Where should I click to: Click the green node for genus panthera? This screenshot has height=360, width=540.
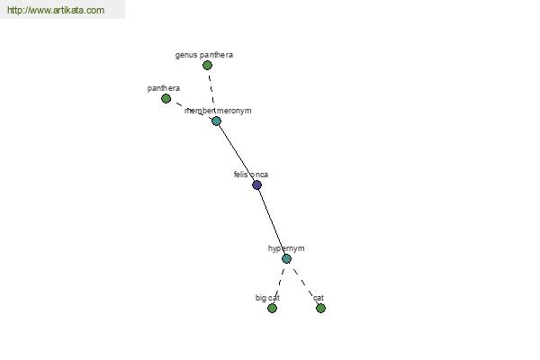tap(207, 65)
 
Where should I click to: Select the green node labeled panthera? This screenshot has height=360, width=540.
tap(166, 98)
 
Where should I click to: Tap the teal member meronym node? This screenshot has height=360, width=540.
tap(216, 121)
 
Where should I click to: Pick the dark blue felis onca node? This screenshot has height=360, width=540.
tap(256, 185)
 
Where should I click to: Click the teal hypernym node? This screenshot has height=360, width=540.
tap(286, 258)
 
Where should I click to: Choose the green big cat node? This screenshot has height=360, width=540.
tap(272, 309)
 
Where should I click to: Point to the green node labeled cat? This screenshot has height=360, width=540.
tap(320, 309)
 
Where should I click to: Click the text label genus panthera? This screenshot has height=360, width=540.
tap(204, 55)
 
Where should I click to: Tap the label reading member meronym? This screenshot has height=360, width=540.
tap(218, 111)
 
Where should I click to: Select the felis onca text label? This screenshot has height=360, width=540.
tap(251, 175)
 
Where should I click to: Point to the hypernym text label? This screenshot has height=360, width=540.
tap(286, 248)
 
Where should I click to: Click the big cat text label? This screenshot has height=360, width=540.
tap(267, 298)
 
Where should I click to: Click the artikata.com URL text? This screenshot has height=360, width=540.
tap(56, 10)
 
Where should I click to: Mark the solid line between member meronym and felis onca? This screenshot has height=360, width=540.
tap(237, 153)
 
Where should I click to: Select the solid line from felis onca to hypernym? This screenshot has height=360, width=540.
tap(272, 222)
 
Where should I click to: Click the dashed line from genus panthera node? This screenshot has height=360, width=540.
tap(211, 89)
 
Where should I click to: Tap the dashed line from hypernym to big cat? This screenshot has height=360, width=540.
tap(280, 283)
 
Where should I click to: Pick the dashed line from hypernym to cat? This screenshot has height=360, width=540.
tap(303, 283)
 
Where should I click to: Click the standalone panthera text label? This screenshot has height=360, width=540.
tap(164, 88)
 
